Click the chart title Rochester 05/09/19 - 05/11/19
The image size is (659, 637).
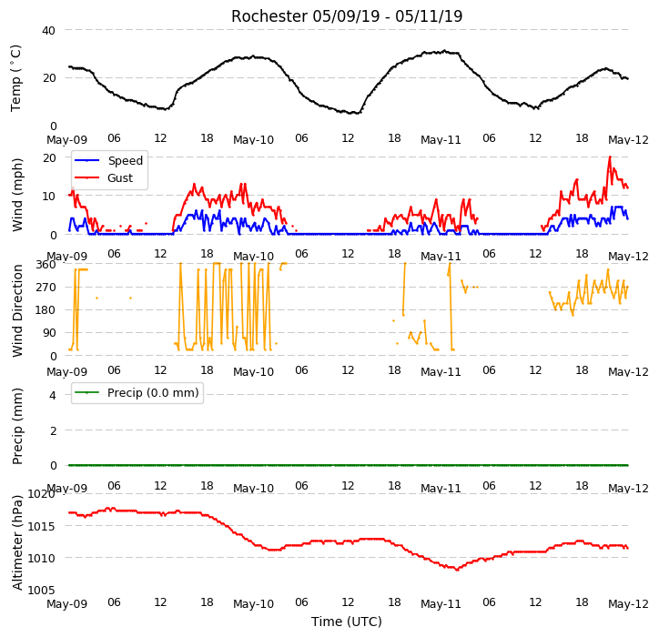point(347,16)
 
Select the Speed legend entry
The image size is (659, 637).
point(108,160)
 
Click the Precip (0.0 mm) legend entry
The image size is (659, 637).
point(137,392)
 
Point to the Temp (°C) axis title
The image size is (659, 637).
point(15,78)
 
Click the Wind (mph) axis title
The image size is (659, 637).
point(16,195)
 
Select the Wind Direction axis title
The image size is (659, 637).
point(16,310)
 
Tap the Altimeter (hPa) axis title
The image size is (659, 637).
point(16,542)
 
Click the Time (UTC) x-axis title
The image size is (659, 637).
point(347,622)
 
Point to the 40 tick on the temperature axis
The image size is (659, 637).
point(49,30)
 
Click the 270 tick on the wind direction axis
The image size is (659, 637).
point(46,288)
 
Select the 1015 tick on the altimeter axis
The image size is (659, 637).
point(42,526)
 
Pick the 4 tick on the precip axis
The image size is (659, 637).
point(53,395)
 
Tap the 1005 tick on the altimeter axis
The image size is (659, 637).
point(42,591)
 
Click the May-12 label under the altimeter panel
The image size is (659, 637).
point(628,604)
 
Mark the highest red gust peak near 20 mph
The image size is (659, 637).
point(610,157)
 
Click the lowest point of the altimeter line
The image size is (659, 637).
point(457,570)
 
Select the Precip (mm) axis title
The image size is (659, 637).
point(16,426)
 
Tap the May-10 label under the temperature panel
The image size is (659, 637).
point(253,140)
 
